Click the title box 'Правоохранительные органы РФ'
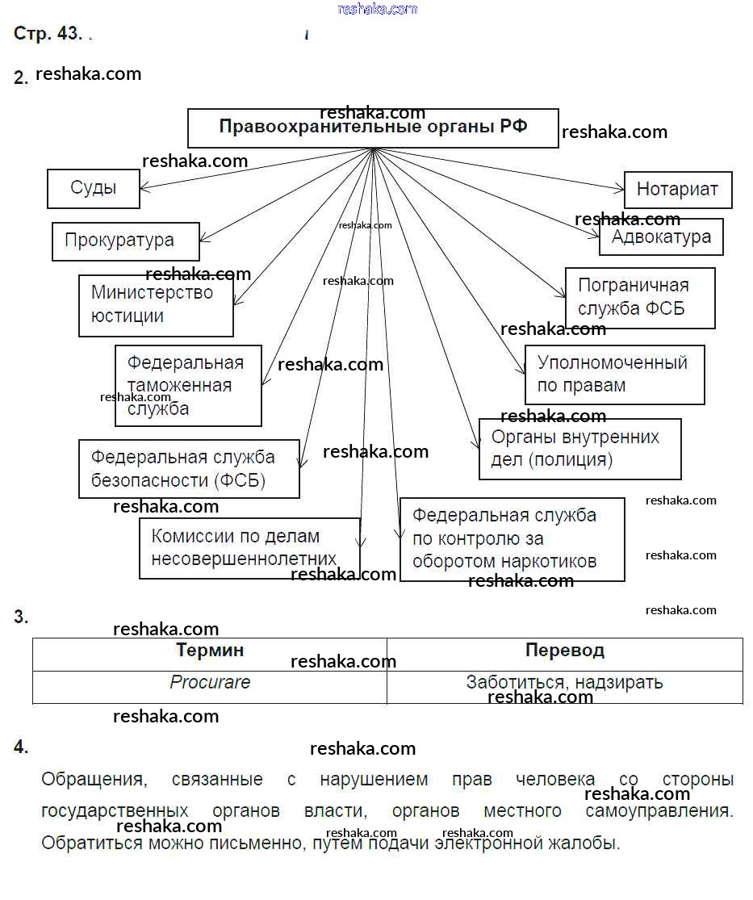[373, 128]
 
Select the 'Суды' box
[94, 189]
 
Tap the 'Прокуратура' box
[125, 241]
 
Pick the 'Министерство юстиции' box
[156, 305]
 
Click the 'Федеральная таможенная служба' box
[188, 386]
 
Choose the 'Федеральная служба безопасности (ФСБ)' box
[189, 469]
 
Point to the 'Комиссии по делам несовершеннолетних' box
[249, 548]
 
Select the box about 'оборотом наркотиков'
[512, 539]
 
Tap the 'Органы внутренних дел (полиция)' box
[579, 449]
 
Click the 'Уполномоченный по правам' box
[614, 375]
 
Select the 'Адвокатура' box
[661, 237]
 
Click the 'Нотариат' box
[677, 190]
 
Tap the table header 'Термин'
[210, 651]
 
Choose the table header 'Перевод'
[564, 651]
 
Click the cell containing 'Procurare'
[210, 683]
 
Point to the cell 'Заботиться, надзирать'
[564, 683]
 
